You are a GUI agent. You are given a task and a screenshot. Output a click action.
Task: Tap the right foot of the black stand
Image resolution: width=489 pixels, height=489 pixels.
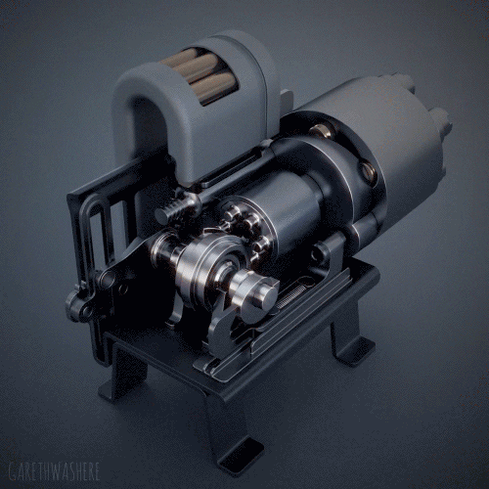[x=352, y=347]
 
